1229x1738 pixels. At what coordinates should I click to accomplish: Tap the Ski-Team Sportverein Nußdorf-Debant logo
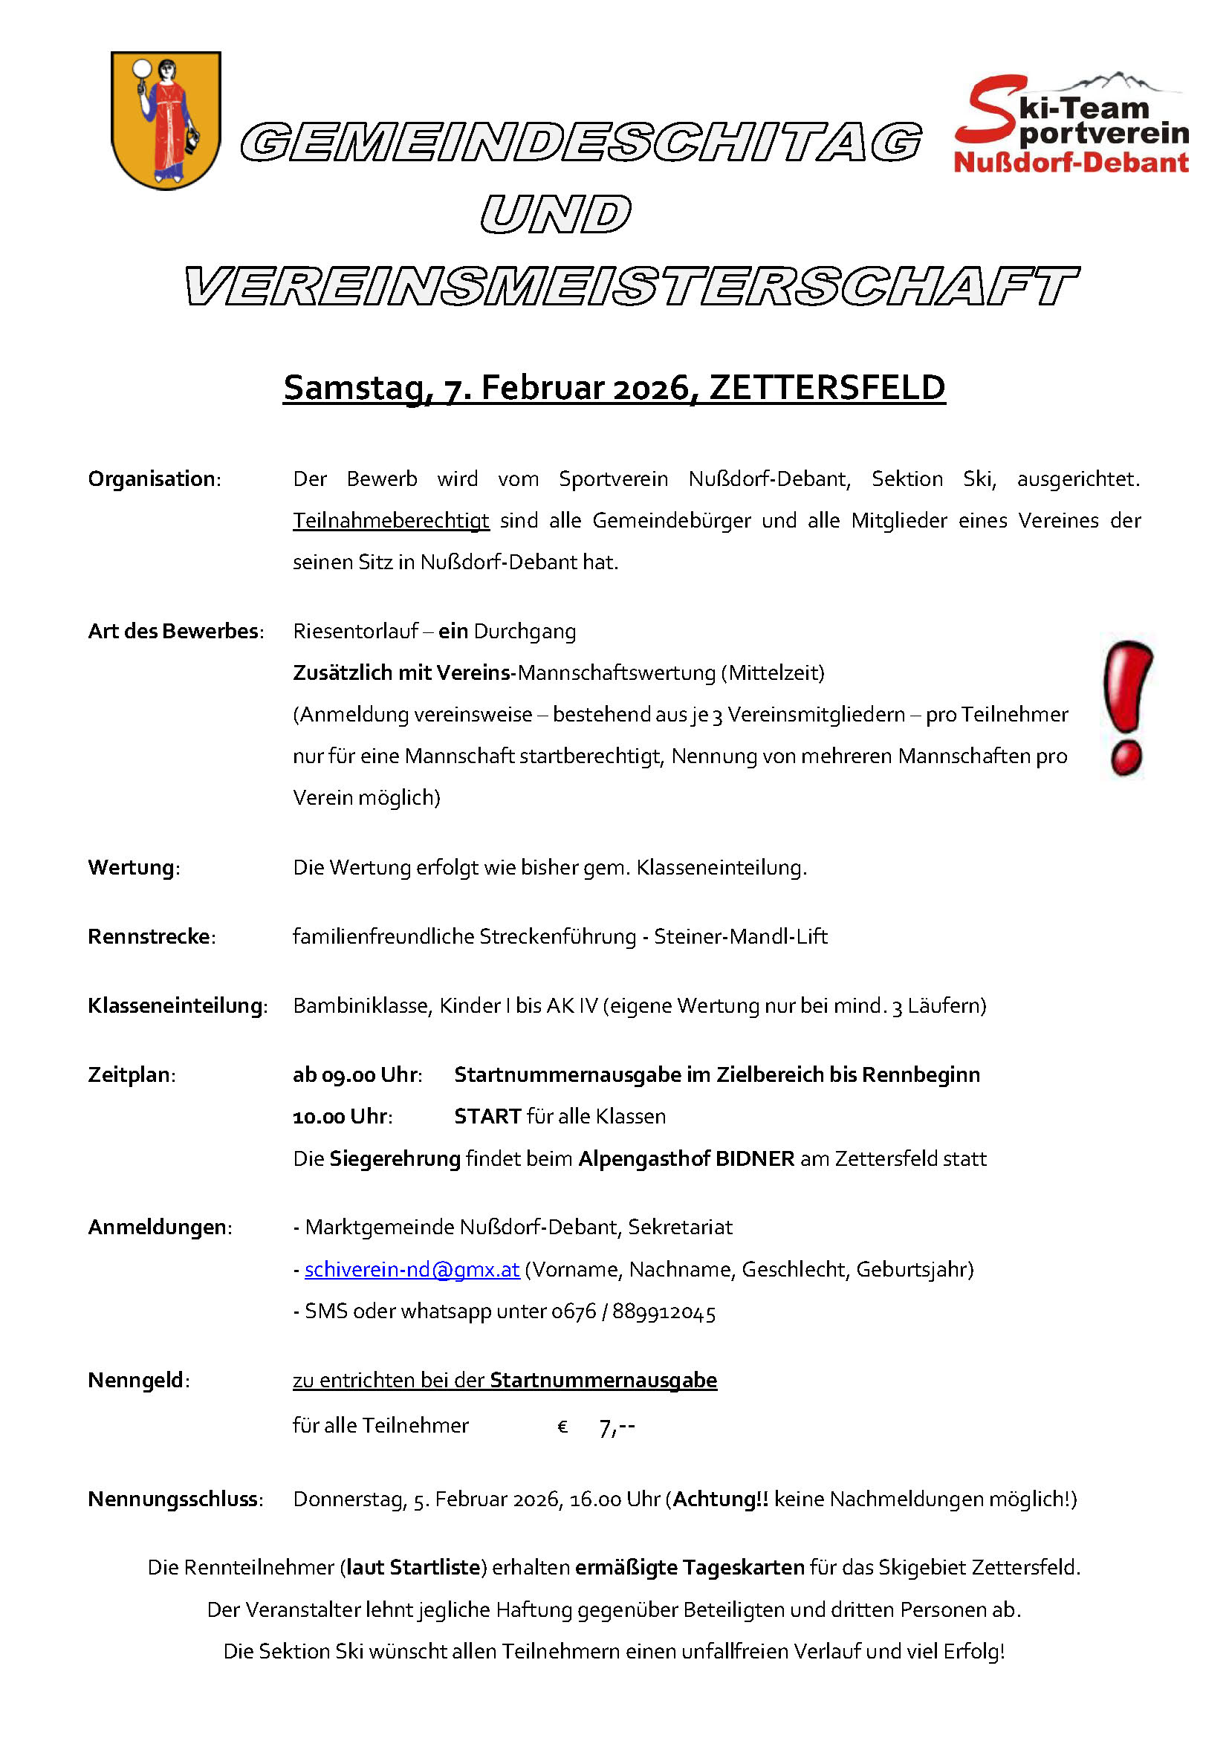point(1071,125)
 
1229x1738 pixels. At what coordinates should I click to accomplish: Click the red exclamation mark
point(1127,708)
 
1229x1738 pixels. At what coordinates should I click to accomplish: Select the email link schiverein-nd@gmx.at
point(412,1269)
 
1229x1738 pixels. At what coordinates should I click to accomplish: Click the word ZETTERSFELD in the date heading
point(827,388)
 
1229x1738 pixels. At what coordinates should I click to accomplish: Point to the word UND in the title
point(556,214)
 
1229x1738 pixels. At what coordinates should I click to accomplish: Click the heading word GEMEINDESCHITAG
point(580,143)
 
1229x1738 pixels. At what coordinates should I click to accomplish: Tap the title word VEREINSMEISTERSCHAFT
point(631,286)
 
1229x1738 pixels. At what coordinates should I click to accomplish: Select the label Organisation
point(152,479)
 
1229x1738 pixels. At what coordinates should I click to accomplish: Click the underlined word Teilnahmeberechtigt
point(391,521)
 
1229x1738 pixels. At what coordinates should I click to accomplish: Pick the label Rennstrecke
point(149,937)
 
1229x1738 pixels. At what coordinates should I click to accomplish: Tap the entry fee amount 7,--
point(616,1427)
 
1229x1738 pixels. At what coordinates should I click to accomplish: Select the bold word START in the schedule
point(487,1117)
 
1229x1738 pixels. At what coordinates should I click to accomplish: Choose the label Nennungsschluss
point(174,1499)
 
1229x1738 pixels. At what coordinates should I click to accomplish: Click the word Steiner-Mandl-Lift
point(740,937)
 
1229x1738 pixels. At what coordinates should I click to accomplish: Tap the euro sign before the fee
point(562,1427)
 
